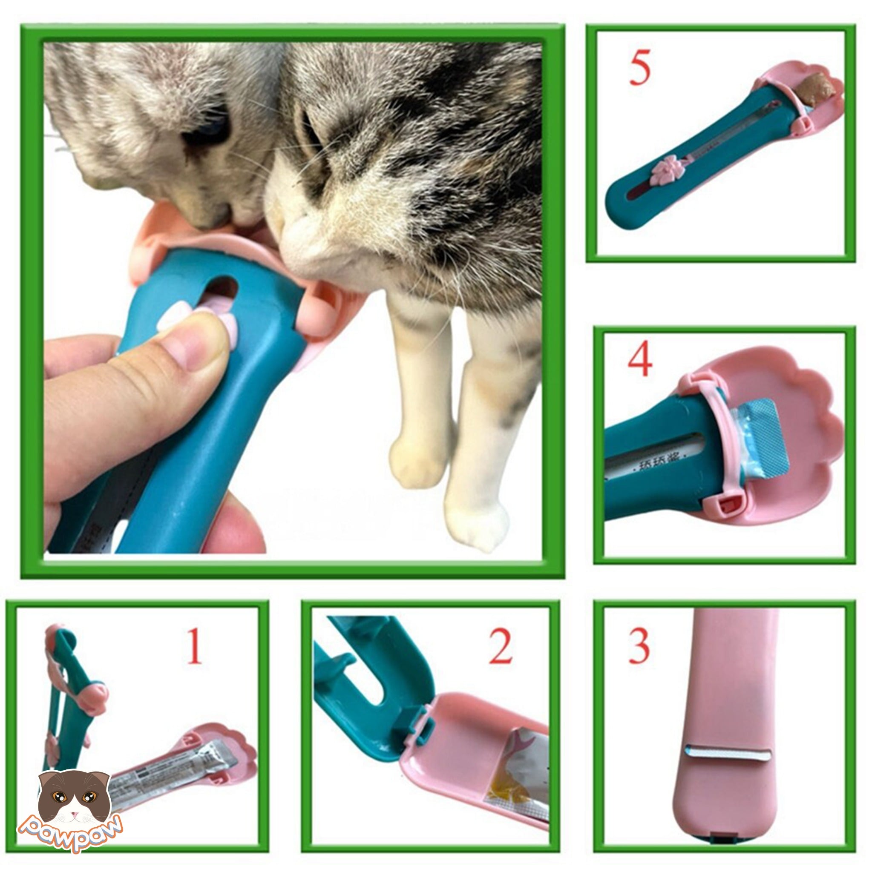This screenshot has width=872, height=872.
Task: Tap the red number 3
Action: (639, 646)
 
